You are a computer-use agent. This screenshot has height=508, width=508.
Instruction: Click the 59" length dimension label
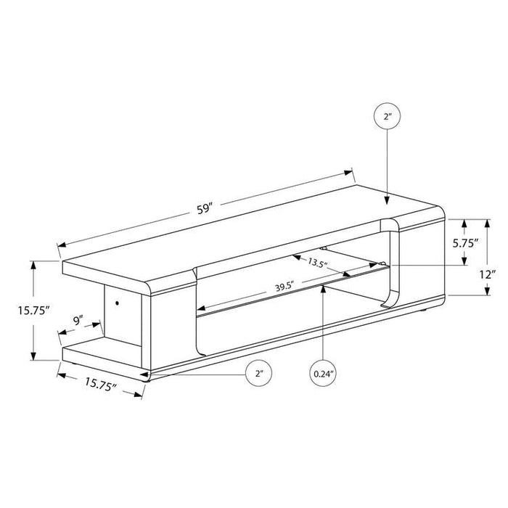pyautogui.click(x=205, y=209)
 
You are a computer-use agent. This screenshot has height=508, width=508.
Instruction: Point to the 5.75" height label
pyautogui.click(x=464, y=243)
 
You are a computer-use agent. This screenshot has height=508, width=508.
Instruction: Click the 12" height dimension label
pyautogui.click(x=488, y=275)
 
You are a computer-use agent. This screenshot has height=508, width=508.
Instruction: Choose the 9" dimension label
pyautogui.click(x=78, y=319)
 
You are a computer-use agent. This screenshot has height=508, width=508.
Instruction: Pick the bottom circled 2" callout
pyautogui.click(x=258, y=375)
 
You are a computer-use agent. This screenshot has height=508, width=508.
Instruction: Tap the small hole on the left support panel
pyautogui.click(x=117, y=300)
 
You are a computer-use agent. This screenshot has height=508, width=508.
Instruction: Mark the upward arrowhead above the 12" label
pyautogui.click(x=487, y=223)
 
